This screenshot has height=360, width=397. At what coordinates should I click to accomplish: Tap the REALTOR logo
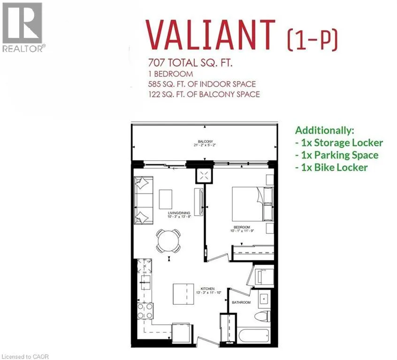[23, 28]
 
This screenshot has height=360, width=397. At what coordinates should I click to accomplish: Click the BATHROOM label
[241, 302]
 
